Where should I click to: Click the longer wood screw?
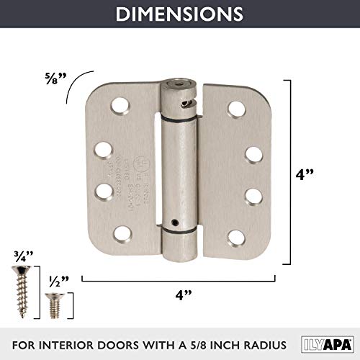(21, 282)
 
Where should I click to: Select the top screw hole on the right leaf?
(235, 109)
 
